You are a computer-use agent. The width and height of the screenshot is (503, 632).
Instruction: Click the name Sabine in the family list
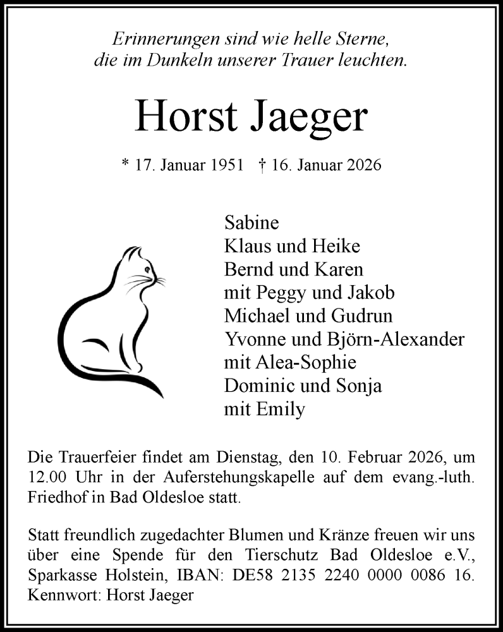pyautogui.click(x=251, y=223)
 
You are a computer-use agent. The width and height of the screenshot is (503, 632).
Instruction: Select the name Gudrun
pyautogui.click(x=356, y=316)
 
